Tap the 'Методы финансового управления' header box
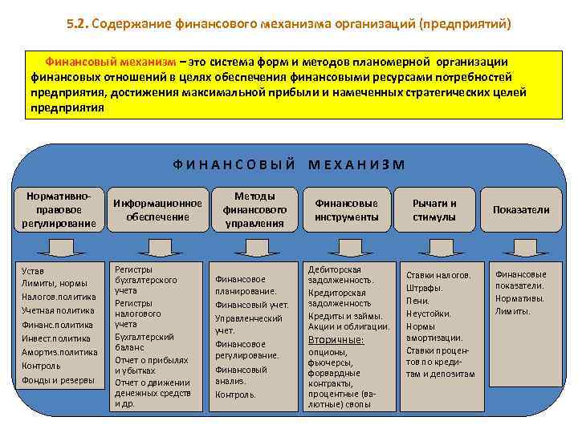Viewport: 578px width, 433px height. click(254, 209)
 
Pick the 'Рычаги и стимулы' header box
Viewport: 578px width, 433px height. click(434, 209)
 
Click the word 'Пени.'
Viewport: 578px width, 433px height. click(418, 301)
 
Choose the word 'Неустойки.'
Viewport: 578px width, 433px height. click(429, 314)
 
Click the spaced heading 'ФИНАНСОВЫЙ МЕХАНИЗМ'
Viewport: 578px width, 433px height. click(289, 164)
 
